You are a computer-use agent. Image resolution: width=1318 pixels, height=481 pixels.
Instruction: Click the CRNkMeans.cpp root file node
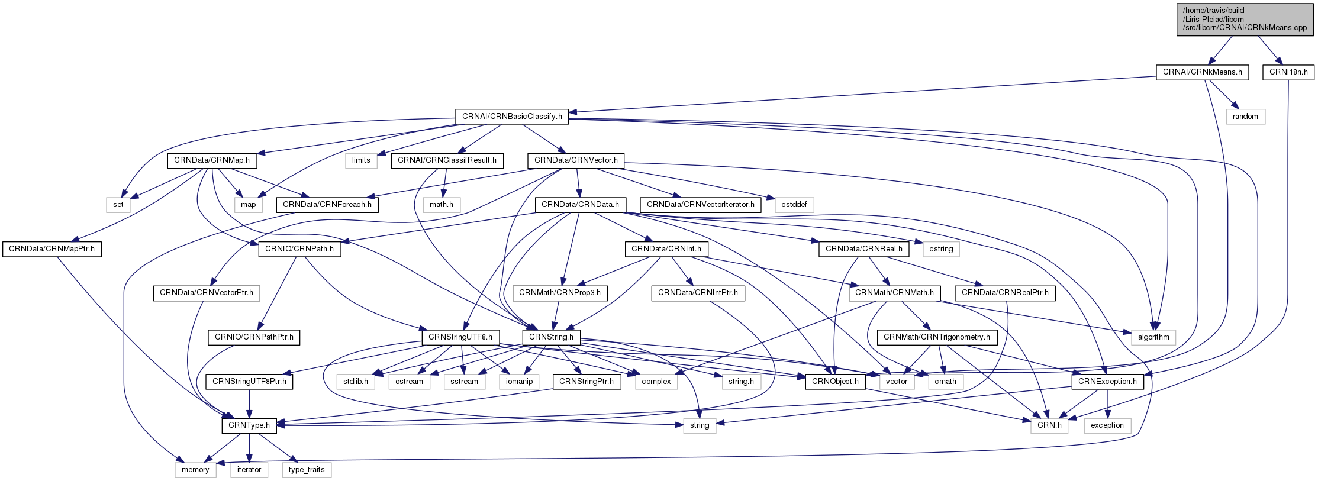pyautogui.click(x=1245, y=19)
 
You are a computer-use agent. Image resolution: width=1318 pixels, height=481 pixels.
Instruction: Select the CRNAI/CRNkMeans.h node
pyautogui.click(x=1202, y=72)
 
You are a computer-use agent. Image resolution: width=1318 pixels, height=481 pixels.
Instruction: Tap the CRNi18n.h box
pyautogui.click(x=1288, y=72)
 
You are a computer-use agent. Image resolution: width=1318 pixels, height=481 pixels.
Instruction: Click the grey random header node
pyautogui.click(x=1245, y=117)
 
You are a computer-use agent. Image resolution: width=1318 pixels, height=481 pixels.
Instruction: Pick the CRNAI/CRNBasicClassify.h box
pyautogui.click(x=512, y=117)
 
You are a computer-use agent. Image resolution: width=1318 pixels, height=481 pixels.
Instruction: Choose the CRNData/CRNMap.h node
pyautogui.click(x=212, y=160)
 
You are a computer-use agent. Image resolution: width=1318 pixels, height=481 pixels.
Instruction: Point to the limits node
pyautogui.click(x=361, y=160)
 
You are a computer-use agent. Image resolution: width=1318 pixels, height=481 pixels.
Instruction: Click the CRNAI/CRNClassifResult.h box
pyautogui.click(x=447, y=160)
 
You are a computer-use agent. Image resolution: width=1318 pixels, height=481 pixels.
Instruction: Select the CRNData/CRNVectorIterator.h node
pyautogui.click(x=700, y=205)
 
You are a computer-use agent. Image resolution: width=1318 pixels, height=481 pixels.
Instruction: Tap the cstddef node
pyautogui.click(x=794, y=205)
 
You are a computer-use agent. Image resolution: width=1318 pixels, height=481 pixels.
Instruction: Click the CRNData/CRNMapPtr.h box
pyautogui.click(x=51, y=249)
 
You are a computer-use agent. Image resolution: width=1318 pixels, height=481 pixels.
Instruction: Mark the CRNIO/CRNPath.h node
pyautogui.click(x=299, y=249)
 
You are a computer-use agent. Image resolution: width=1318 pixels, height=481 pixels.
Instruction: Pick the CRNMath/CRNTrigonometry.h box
pyautogui.click(x=936, y=337)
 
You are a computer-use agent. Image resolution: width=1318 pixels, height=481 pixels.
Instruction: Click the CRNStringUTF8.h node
pyautogui.click(x=460, y=337)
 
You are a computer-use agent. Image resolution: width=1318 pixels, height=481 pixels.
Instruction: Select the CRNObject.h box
pyautogui.click(x=835, y=382)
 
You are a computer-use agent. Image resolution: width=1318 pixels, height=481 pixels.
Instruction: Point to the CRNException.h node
pyautogui.click(x=1107, y=382)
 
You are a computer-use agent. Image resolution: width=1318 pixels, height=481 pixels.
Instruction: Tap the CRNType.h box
pyautogui.click(x=249, y=425)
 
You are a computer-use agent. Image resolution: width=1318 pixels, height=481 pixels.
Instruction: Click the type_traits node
pyautogui.click(x=307, y=470)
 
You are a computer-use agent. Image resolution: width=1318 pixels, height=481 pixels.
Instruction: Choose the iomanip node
pyautogui.click(x=519, y=382)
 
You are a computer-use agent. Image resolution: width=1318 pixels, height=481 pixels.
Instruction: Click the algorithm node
pyautogui.click(x=1153, y=337)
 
